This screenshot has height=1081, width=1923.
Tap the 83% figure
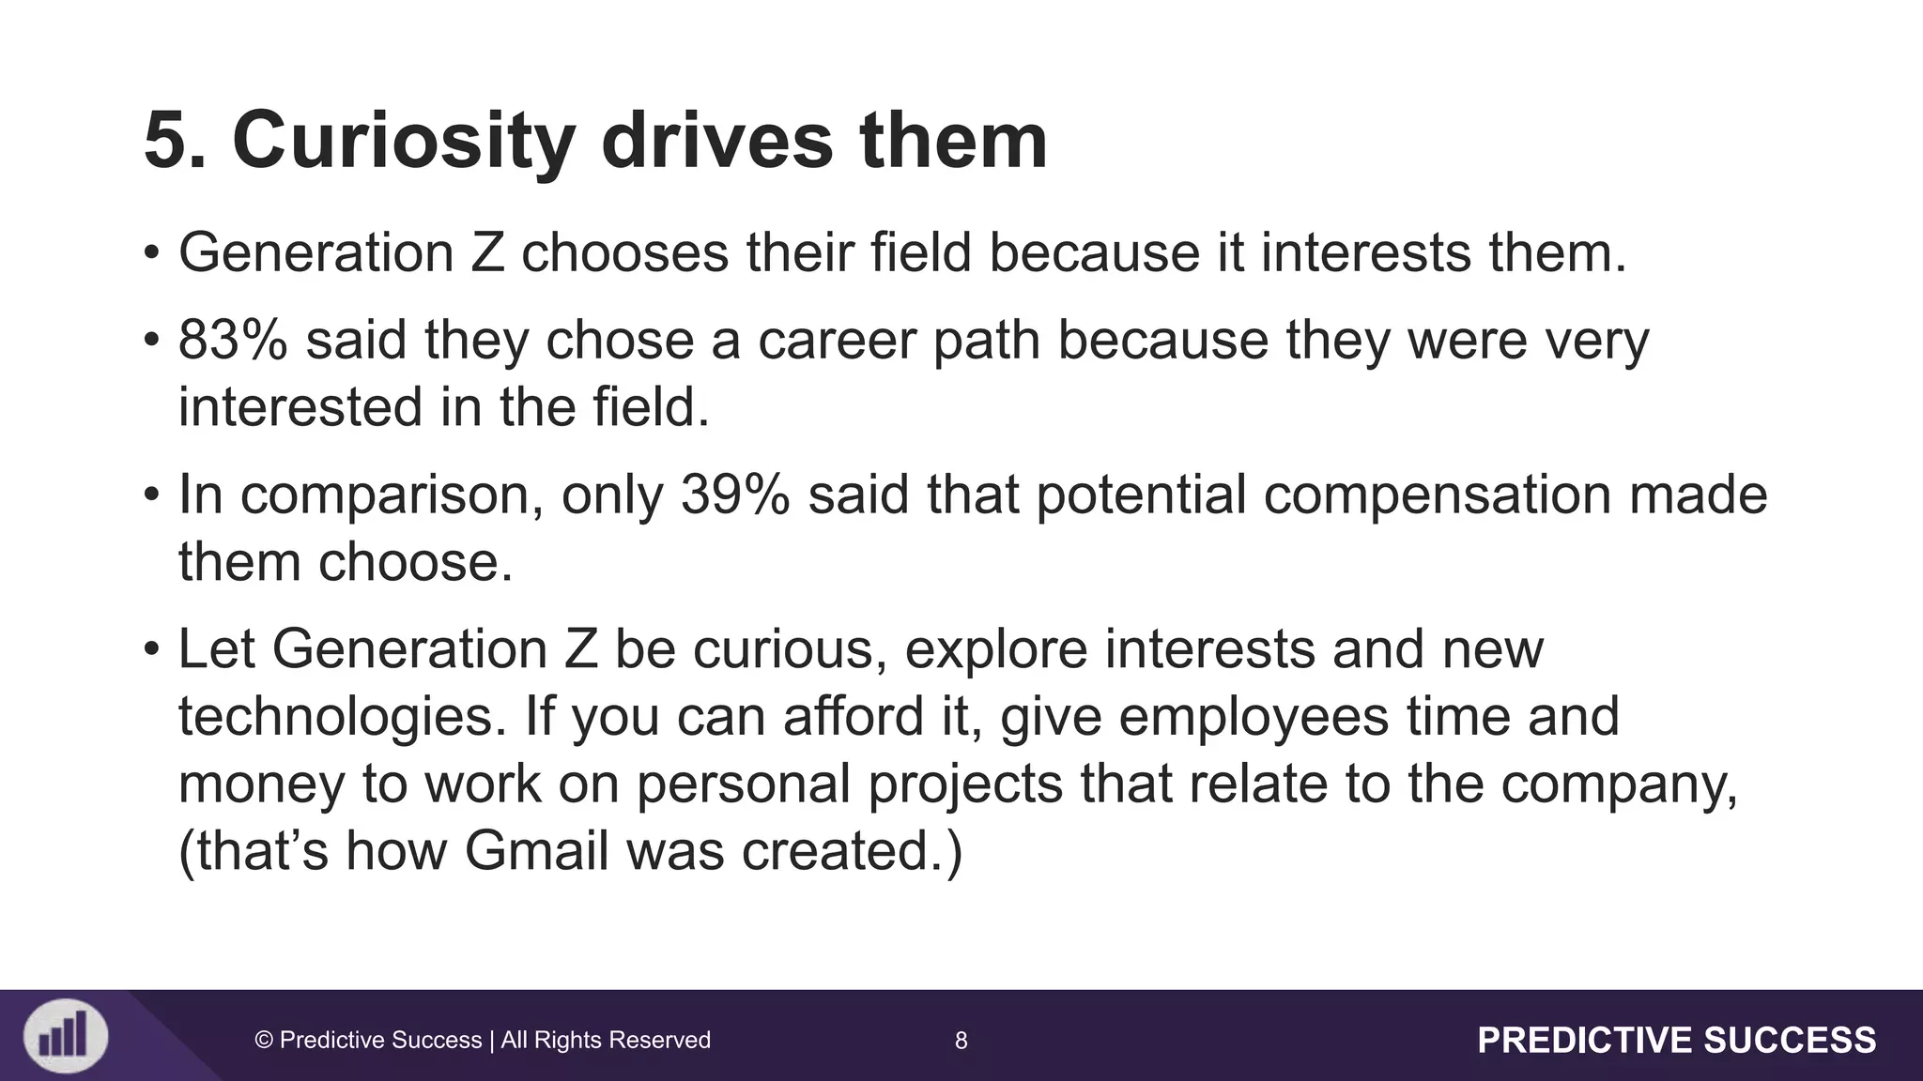coord(233,340)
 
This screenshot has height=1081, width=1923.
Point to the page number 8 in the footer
coord(961,1040)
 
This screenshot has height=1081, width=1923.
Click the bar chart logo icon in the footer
coord(65,1036)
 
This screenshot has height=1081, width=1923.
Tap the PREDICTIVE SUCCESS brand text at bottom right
coord(1677,1040)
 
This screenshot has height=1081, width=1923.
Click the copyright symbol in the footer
coord(264,1040)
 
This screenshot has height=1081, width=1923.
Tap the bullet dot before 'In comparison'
coord(151,495)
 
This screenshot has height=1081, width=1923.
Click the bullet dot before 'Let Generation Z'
coord(151,649)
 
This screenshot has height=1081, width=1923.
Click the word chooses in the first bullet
coord(624,253)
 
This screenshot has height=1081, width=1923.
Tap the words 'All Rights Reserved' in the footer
coord(606,1040)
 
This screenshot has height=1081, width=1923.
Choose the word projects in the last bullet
coord(964,784)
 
